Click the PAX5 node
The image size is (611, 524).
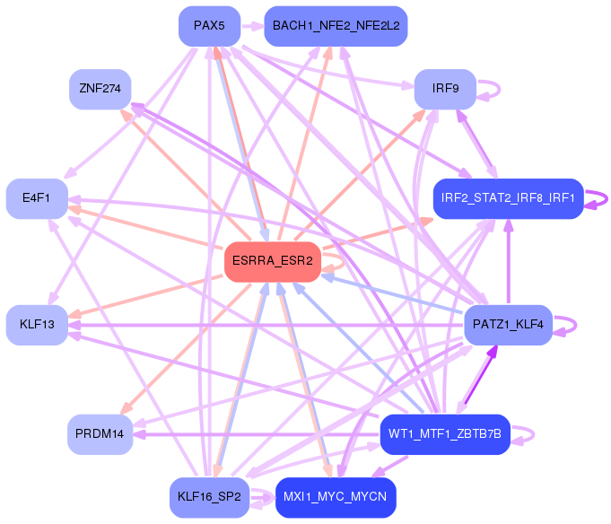point(209,26)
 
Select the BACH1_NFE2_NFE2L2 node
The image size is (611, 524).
point(336,26)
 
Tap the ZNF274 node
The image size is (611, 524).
point(100,89)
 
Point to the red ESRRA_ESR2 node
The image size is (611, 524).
point(273,261)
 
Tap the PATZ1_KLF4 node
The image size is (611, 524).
point(508,324)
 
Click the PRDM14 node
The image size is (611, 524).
point(100,433)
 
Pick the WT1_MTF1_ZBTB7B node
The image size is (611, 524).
point(445,433)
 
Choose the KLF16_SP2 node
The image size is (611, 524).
point(209,497)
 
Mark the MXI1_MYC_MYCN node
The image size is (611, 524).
point(336,497)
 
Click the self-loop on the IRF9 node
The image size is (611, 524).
point(489,89)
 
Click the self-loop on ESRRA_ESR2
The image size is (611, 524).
point(335,261)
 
